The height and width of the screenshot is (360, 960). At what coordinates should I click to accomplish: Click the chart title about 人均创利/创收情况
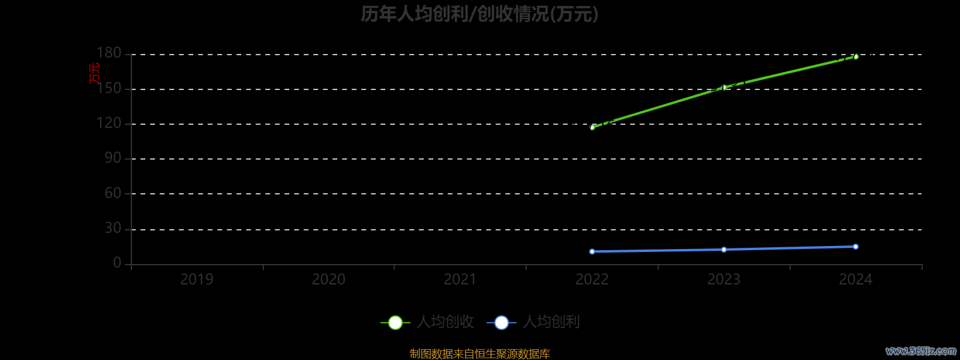tap(479, 14)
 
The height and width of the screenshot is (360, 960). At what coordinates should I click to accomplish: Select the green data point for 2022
tap(592, 127)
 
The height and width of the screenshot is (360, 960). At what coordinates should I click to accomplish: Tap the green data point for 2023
tap(724, 88)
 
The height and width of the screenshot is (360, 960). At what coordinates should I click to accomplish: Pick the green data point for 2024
tap(856, 56)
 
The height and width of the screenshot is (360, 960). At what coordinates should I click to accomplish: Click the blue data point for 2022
tap(592, 251)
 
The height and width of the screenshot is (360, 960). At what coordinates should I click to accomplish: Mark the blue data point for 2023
tap(724, 250)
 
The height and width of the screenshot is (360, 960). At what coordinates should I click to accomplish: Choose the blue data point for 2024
tap(856, 247)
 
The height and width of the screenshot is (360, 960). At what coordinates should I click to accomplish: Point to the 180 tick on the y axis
tap(109, 53)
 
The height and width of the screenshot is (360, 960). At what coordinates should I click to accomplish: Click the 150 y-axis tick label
tap(109, 89)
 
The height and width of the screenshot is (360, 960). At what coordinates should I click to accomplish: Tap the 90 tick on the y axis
tap(113, 158)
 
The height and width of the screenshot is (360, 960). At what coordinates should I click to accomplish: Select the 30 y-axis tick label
tap(113, 229)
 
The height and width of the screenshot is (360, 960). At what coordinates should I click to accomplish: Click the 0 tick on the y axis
tap(117, 263)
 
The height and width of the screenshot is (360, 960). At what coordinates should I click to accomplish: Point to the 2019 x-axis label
tap(197, 280)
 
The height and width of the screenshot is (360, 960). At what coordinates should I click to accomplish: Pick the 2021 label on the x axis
tap(460, 280)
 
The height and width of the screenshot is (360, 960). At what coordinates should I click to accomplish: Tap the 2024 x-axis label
tap(856, 280)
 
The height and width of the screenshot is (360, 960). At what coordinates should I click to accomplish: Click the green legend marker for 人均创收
tap(395, 323)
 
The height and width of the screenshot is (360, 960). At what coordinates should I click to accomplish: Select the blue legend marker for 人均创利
tap(502, 323)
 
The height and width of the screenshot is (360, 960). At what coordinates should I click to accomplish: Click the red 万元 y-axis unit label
tap(94, 73)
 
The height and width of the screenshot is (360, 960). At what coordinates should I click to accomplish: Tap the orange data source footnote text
tap(479, 354)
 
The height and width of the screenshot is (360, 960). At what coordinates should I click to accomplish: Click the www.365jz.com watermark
tap(920, 351)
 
